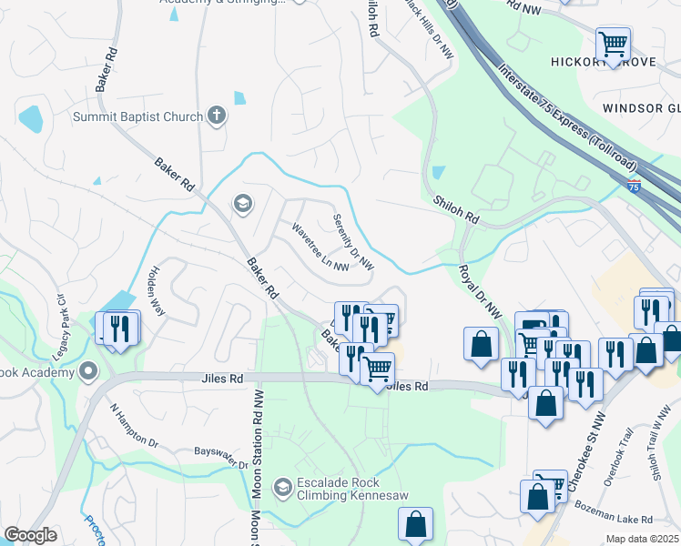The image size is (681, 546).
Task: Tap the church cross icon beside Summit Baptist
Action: [217, 116]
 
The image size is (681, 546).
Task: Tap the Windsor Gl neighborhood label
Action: [641, 108]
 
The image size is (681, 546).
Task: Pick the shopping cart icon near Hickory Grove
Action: [613, 42]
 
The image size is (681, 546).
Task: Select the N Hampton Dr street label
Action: [134, 426]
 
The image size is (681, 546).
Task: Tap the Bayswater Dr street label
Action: [220, 458]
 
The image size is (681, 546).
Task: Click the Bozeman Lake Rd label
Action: [621, 519]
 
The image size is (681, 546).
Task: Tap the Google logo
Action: [30, 535]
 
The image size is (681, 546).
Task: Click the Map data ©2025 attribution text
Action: [642, 539]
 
